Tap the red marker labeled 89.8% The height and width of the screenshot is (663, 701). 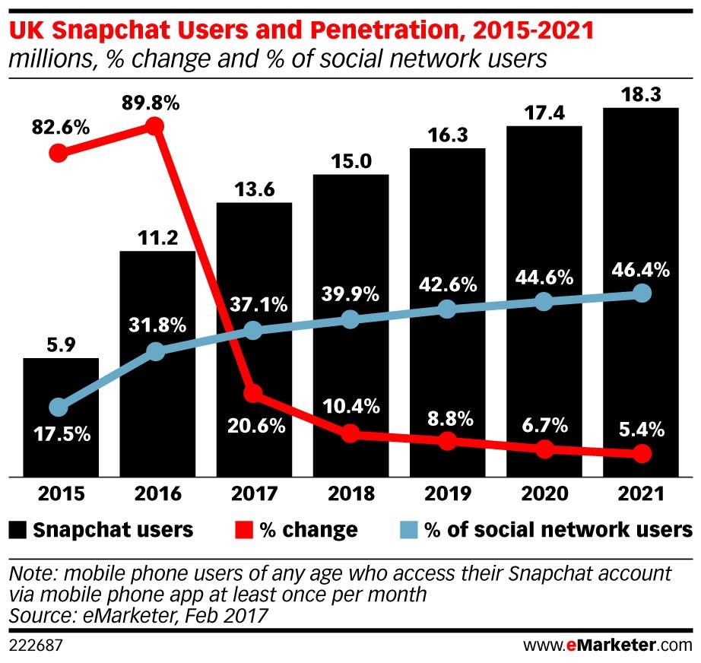click(155, 126)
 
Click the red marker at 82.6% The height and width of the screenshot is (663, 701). click(58, 154)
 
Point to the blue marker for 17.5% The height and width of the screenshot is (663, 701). click(58, 408)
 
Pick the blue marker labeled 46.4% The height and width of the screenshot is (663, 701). click(642, 293)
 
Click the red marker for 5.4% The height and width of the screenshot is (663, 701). click(642, 454)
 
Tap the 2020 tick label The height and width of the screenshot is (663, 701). click(544, 494)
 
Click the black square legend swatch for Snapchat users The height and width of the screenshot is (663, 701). click(18, 529)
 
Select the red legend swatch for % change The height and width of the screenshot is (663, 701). click(246, 529)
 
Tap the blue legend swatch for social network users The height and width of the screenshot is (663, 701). click(410, 529)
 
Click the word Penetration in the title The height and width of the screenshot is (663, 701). click(324, 33)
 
